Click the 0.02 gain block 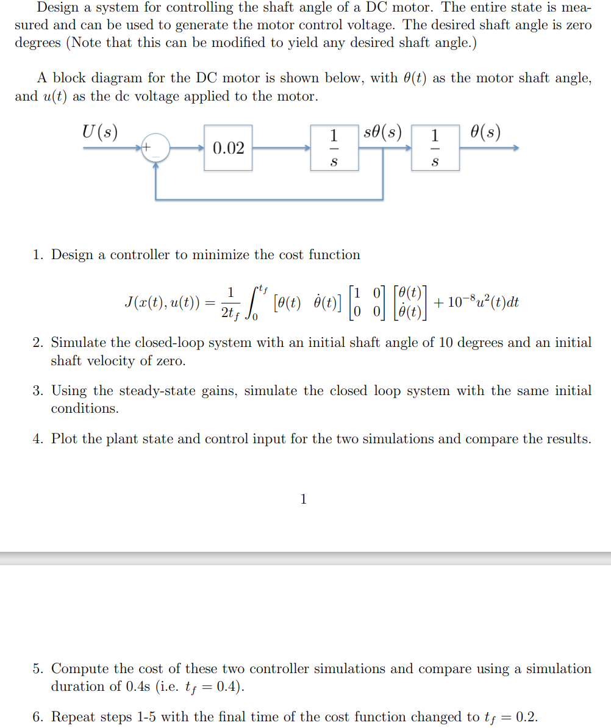pyautogui.click(x=229, y=148)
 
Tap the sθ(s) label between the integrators pyautogui.click(x=382, y=132)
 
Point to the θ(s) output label pyautogui.click(x=485, y=132)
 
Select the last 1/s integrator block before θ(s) pyautogui.click(x=435, y=148)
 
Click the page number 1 pyautogui.click(x=304, y=499)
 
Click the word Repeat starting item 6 pyautogui.click(x=71, y=716)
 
